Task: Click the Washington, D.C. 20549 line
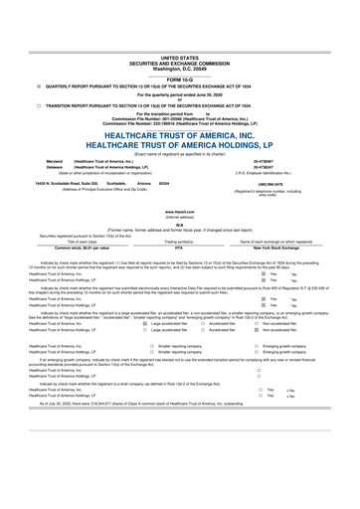point(180,42)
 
